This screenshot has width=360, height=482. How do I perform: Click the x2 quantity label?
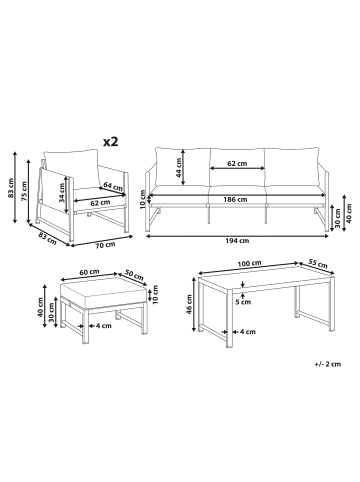pyautogui.click(x=111, y=142)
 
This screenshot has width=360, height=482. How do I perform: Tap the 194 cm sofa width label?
pyautogui.click(x=238, y=241)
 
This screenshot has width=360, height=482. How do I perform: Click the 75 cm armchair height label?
pyautogui.click(x=24, y=191)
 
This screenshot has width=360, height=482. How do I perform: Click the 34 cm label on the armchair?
pyautogui.click(x=61, y=194)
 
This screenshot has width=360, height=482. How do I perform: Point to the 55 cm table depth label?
pyautogui.click(x=317, y=263)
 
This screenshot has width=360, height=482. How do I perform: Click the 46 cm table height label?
pyautogui.click(x=189, y=303)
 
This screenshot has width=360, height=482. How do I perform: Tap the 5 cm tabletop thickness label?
pyautogui.click(x=243, y=302)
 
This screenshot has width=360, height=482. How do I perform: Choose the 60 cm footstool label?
pyautogui.click(x=89, y=272)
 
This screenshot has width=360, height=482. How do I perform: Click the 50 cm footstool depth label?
pyautogui.click(x=134, y=275)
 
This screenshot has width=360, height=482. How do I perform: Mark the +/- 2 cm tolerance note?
pyautogui.click(x=327, y=364)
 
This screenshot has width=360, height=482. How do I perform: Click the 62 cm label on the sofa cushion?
pyautogui.click(x=237, y=164)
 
